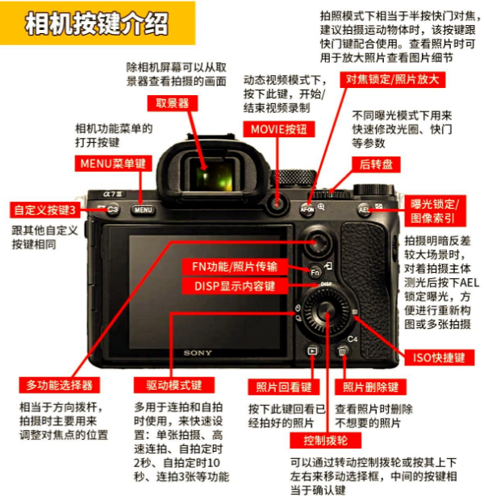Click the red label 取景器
coord(173,103)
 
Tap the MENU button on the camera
coord(143,210)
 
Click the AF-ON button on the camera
coord(307,209)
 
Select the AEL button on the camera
coord(364,210)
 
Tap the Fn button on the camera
coord(315,272)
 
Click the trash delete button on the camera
coord(342,351)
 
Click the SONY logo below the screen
coord(198,353)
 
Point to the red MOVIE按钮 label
coord(279,129)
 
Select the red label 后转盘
coord(376,165)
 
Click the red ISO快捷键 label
coord(440,357)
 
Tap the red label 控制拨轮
coord(326,440)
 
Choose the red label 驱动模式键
coord(174,385)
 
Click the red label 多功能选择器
coord(60,385)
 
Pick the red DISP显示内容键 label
coord(235,286)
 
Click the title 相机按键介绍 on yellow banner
coord(97,24)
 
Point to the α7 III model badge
coord(113,194)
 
